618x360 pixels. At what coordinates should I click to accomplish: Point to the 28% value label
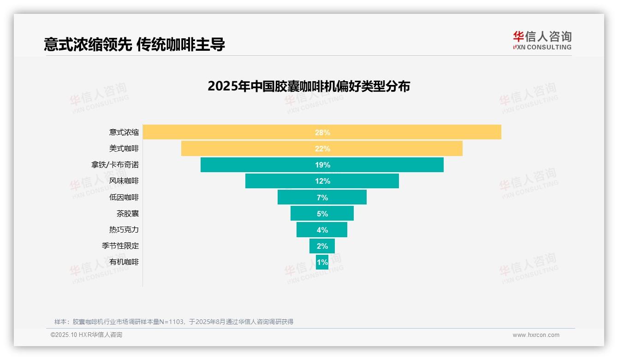[x=322, y=132]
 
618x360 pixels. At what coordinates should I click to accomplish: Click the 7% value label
[x=322, y=198]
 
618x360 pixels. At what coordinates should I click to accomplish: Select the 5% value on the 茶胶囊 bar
[x=322, y=214]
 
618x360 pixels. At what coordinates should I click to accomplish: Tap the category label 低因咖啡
[x=124, y=198]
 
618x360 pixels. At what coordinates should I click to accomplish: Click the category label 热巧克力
[x=124, y=230]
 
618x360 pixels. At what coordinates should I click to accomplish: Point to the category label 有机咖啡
[x=124, y=262]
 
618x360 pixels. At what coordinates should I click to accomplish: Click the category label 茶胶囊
[x=127, y=214]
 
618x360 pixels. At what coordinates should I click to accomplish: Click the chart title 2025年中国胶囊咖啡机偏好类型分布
[x=309, y=86]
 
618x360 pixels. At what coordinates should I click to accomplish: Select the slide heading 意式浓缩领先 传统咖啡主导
[x=134, y=45]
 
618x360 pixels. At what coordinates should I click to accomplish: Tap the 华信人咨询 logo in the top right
[x=542, y=40]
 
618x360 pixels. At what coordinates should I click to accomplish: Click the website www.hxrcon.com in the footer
[x=536, y=335]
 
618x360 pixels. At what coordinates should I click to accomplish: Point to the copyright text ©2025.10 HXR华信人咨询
[x=86, y=335]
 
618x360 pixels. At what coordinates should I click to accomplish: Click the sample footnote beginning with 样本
[x=173, y=322]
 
